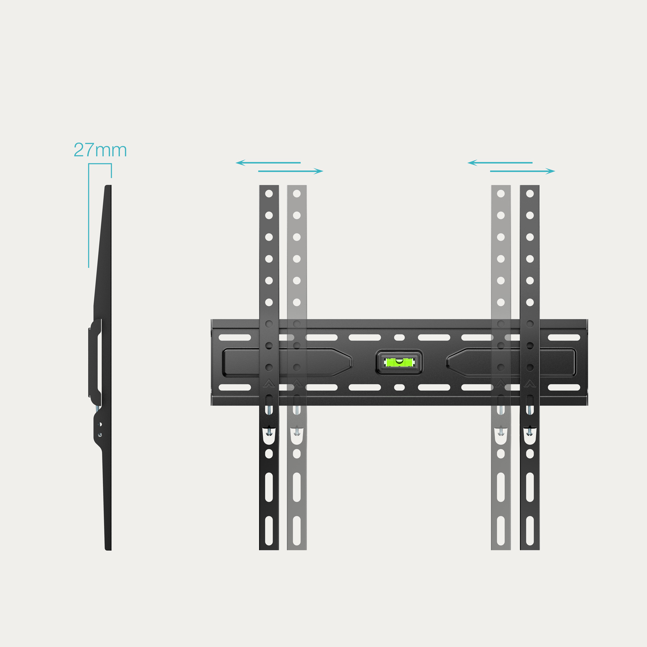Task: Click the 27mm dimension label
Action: point(100,150)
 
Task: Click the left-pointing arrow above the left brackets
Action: point(268,163)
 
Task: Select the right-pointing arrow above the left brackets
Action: point(291,171)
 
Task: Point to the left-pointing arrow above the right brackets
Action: point(500,163)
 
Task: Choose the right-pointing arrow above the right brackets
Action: point(522,171)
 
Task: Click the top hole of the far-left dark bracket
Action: point(269,194)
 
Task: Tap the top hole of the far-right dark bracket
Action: point(530,194)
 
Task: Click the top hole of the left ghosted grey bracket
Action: point(297,194)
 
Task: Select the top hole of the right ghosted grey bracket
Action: point(501,194)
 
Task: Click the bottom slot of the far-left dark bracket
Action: point(269,531)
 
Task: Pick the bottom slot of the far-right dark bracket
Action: point(530,531)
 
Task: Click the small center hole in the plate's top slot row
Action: point(399,337)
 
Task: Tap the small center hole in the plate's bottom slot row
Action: point(399,387)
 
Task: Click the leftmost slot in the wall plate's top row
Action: point(235,337)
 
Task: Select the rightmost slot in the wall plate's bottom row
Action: point(564,387)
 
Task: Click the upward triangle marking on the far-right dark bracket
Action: point(530,383)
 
